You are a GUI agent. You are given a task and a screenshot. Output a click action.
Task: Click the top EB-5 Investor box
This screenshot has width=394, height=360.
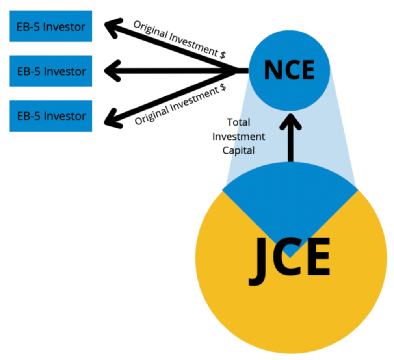51,26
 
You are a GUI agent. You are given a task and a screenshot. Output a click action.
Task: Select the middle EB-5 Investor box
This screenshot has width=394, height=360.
51,71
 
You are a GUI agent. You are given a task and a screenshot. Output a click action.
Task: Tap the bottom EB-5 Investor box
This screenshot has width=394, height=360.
51,116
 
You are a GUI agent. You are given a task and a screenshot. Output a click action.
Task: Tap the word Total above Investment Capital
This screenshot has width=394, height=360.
238,122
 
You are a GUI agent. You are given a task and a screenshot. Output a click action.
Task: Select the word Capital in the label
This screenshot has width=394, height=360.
239,150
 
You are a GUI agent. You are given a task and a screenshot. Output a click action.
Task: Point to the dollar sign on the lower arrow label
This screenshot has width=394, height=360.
223,88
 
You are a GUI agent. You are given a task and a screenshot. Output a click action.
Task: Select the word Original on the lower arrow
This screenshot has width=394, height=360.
149,114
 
